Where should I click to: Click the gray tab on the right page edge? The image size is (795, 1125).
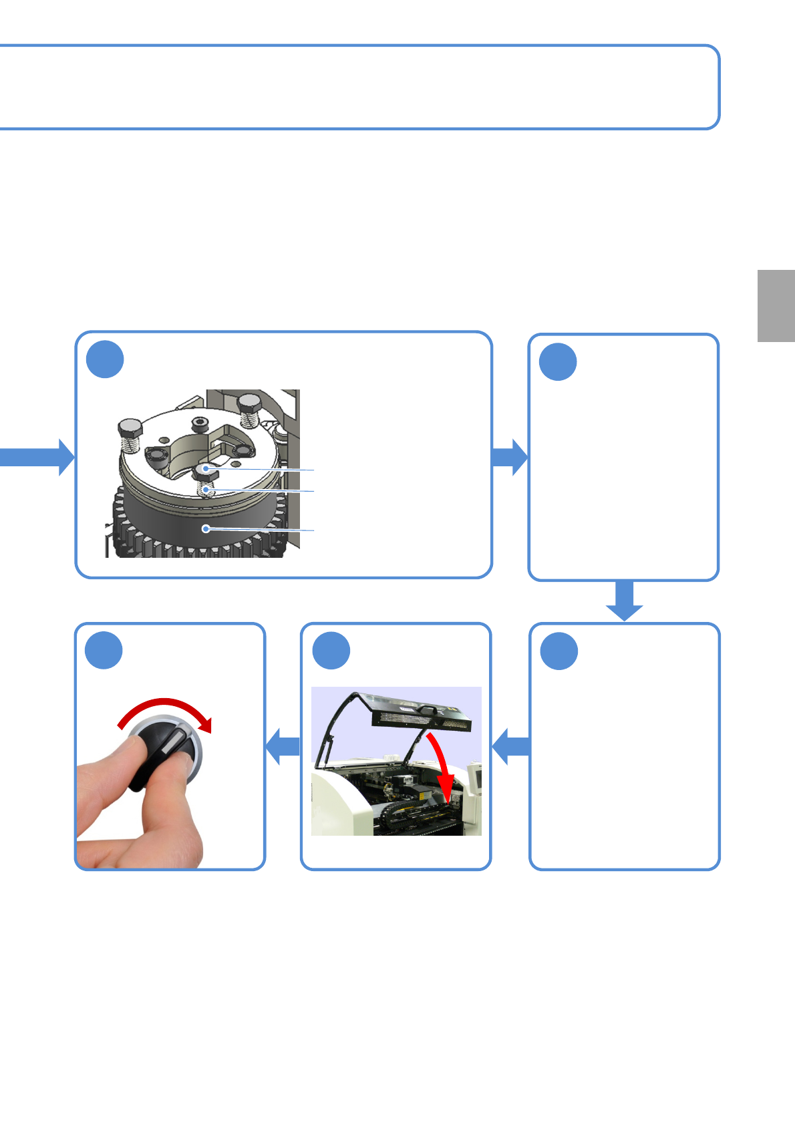pyautogui.click(x=776, y=305)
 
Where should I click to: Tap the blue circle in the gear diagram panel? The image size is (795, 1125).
pyautogui.click(x=105, y=359)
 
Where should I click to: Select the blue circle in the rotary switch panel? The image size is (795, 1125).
pyautogui.click(x=104, y=650)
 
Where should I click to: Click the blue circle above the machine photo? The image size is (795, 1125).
pyautogui.click(x=331, y=650)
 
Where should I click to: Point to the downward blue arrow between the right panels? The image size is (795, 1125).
pyautogui.click(x=624, y=601)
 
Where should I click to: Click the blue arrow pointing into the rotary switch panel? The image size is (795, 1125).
pyautogui.click(x=283, y=746)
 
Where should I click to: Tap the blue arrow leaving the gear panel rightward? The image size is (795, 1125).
pyautogui.click(x=510, y=457)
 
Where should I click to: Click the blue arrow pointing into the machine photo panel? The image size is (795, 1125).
pyautogui.click(x=510, y=746)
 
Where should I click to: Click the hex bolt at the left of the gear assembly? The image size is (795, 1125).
pyautogui.click(x=130, y=428)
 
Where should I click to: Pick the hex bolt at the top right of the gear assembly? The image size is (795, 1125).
pyautogui.click(x=250, y=403)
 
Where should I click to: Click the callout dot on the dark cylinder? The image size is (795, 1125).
pyautogui.click(x=206, y=529)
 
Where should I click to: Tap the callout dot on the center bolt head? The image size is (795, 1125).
pyautogui.click(x=206, y=469)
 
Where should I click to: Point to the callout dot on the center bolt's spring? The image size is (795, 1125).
pyautogui.click(x=207, y=490)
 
